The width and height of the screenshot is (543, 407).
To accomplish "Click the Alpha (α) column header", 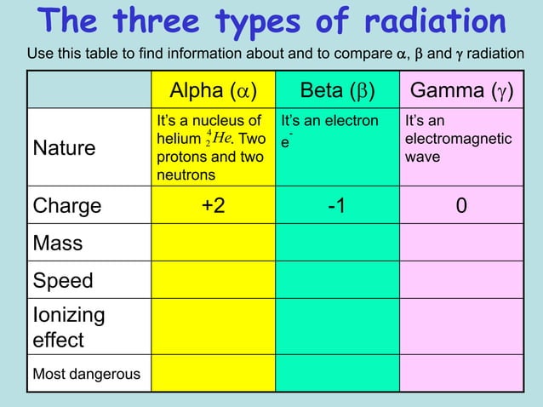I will (213, 91).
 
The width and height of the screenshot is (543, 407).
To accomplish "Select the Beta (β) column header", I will (337, 91).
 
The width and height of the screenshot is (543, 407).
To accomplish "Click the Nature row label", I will (65, 149).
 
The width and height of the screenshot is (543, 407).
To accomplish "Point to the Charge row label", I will (66, 206).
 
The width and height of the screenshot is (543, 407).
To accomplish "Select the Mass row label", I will (58, 244).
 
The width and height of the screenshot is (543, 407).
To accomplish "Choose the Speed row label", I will (63, 280).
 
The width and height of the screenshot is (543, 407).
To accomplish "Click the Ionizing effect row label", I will (70, 327).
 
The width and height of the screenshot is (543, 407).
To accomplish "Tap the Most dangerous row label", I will (87, 373).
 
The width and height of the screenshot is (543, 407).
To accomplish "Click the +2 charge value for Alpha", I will (213, 206).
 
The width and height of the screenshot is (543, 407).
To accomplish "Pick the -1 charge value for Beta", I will (337, 206).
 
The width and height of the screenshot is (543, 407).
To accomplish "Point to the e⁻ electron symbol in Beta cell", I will (287, 139).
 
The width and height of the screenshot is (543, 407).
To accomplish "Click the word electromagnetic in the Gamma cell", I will (459, 139).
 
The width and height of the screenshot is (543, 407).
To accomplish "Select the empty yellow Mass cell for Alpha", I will (213, 244).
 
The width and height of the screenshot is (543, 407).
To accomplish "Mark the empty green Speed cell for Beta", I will (337, 280).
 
